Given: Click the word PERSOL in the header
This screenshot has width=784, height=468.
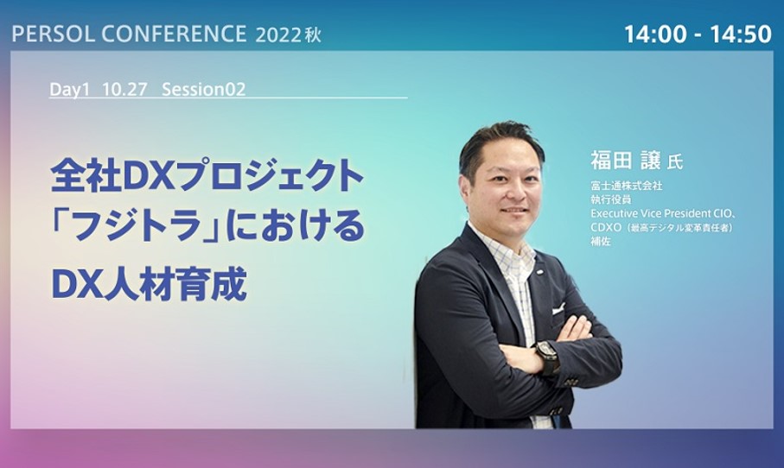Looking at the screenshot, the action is (x=53, y=34).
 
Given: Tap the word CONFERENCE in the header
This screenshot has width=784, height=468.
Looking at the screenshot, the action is (x=174, y=34).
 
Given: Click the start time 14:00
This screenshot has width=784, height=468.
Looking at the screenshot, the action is (x=655, y=34).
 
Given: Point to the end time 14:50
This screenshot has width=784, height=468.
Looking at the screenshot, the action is (x=741, y=34).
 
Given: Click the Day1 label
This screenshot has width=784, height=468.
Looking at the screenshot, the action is (x=69, y=90).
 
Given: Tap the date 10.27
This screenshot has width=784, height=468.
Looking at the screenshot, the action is (x=124, y=90).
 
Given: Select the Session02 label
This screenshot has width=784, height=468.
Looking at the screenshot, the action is (x=203, y=90).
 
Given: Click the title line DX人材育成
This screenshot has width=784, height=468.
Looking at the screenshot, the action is (x=149, y=284).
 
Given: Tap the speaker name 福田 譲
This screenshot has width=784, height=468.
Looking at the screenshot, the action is (x=626, y=161).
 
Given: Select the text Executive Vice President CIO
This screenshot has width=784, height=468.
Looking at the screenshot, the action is (x=658, y=213).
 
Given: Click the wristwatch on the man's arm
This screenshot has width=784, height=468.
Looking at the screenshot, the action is (x=547, y=356).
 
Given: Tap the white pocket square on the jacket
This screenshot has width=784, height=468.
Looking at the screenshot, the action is (x=558, y=308).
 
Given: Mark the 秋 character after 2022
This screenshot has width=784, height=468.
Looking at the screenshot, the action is (x=313, y=35).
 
